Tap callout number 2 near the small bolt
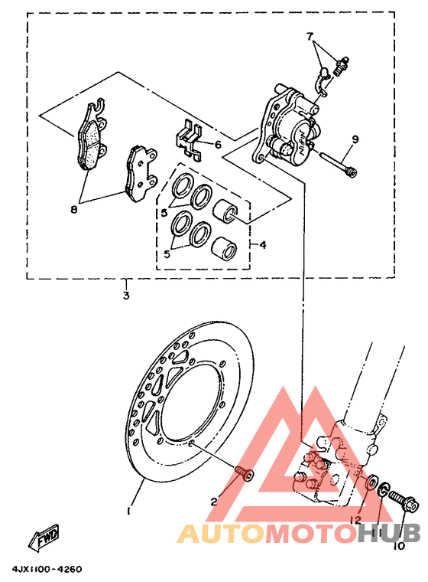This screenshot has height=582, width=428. click(x=215, y=502)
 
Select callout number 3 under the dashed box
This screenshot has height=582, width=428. click(x=126, y=294)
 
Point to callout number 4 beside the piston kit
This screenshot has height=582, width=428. click(x=262, y=246)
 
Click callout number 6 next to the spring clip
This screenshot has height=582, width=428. click(x=218, y=144)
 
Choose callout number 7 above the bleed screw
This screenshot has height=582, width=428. click(x=310, y=36)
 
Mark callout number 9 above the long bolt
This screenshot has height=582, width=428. click(x=355, y=139)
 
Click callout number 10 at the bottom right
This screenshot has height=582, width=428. click(x=398, y=547)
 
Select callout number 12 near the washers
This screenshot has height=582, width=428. click(x=355, y=520)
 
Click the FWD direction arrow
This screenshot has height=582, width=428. click(x=45, y=541)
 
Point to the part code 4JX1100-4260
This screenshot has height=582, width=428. click(x=47, y=570)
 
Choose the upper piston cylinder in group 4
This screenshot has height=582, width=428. click(x=230, y=211)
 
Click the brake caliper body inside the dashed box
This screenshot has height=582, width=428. click(x=289, y=126)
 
